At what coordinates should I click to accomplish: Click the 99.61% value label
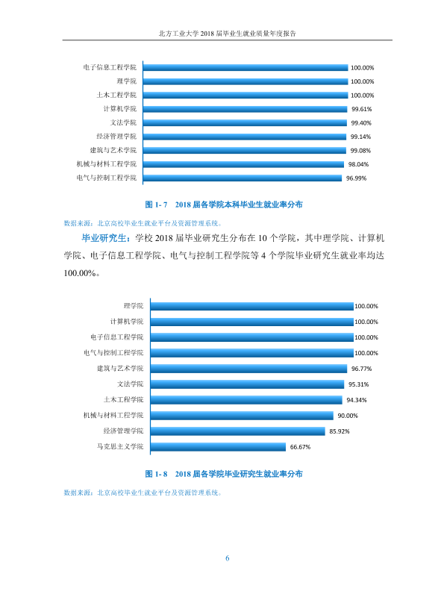click(361, 109)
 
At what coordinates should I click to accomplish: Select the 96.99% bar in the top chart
click(243, 178)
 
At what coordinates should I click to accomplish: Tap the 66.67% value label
click(300, 447)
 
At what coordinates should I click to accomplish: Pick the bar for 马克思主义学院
click(218, 446)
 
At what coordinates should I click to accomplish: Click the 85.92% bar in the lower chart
click(237, 431)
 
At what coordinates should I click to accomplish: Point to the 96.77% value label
click(361, 369)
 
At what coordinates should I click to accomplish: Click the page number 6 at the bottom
click(227, 558)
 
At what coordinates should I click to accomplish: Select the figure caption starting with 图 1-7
click(224, 204)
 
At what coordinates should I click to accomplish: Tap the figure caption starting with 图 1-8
click(224, 474)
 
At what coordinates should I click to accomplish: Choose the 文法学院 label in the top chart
click(123, 122)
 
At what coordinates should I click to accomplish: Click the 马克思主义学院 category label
click(120, 446)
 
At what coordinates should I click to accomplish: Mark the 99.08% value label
click(360, 151)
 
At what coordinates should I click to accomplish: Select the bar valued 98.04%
click(243, 164)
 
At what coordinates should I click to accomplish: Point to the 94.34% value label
click(357, 400)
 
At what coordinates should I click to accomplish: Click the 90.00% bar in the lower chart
click(242, 416)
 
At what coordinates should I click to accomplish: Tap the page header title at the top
click(227, 34)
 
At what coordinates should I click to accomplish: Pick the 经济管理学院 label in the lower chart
click(123, 431)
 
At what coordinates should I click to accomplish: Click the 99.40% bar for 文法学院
click(245, 122)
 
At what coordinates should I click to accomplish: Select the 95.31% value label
click(358, 384)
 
